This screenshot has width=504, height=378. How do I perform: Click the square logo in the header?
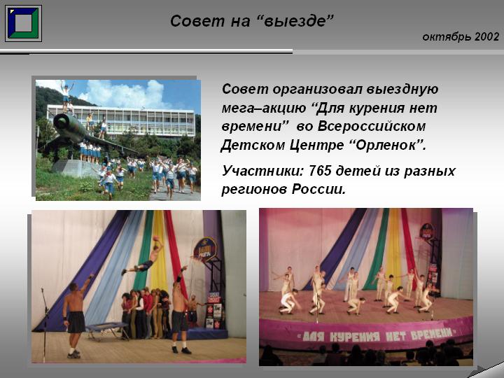(x=23, y=23)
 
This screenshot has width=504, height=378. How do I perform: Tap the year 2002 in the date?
(x=486, y=36)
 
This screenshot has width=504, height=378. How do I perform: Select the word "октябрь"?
(x=447, y=37)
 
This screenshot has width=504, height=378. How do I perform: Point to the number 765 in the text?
(x=320, y=171)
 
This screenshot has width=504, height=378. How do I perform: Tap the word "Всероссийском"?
(x=372, y=126)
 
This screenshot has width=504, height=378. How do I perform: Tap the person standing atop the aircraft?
(x=66, y=97)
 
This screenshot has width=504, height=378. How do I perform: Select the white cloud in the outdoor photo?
(x=125, y=93)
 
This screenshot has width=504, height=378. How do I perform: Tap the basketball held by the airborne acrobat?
(x=156, y=239)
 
